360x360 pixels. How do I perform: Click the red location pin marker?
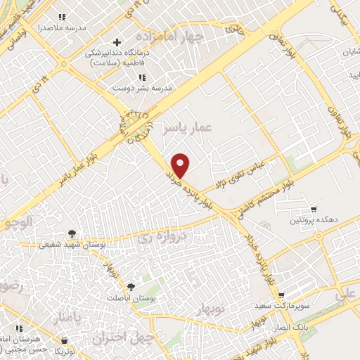point(181,165)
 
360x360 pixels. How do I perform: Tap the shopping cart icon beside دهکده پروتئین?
point(314,209)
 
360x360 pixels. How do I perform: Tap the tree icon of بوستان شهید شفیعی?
point(72,233)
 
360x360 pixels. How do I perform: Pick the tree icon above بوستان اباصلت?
point(131,286)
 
